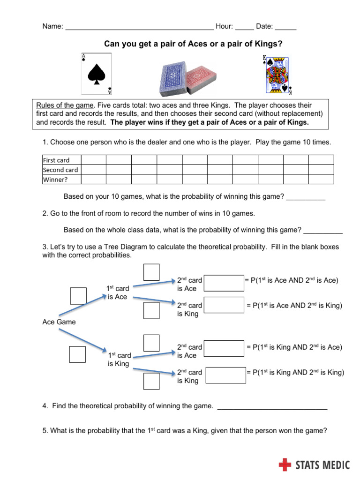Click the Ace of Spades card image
[x=97, y=74]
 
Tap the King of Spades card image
[x=277, y=75]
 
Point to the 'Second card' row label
[x=60, y=170]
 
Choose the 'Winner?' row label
[x=55, y=179]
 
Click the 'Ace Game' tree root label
[x=59, y=322]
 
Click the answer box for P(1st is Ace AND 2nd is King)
[x=224, y=305]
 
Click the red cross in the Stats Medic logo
[x=285, y=465]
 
